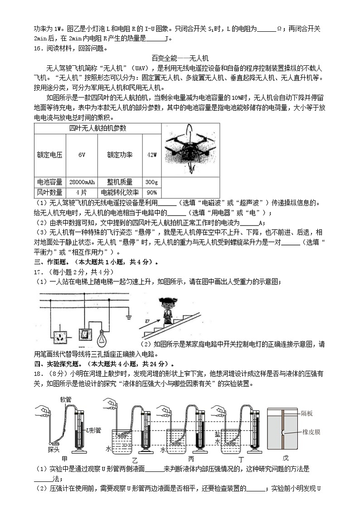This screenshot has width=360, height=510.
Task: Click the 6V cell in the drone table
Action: (x=82, y=155)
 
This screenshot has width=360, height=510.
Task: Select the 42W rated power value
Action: (x=152, y=155)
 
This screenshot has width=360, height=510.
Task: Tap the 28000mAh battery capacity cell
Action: (x=82, y=182)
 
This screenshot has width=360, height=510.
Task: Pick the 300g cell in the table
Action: (x=152, y=182)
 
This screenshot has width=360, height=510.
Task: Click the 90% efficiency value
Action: (x=152, y=192)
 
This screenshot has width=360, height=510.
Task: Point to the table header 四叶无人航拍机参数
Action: (x=97, y=128)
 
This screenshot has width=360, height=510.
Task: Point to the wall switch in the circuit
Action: (x=85, y=334)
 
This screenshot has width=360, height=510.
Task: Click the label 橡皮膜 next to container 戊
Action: (x=311, y=432)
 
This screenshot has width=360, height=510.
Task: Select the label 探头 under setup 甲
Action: (x=54, y=449)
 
